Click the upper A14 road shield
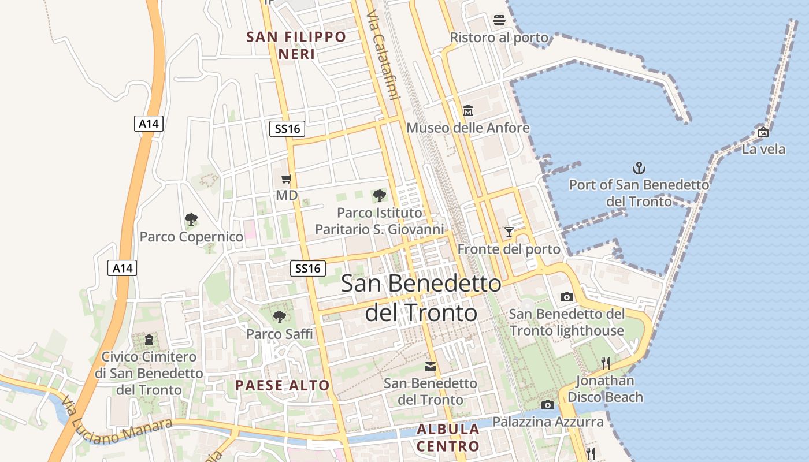point(149,123)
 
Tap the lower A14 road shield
point(123,267)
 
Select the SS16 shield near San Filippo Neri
point(287,128)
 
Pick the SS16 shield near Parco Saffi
point(307,268)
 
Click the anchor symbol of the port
point(639,169)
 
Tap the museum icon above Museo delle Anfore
point(468,110)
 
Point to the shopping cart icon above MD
point(286,179)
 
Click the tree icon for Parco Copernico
point(191,219)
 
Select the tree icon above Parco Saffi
point(279,316)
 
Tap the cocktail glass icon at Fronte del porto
point(509,232)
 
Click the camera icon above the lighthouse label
point(567,297)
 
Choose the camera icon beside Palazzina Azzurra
point(547,405)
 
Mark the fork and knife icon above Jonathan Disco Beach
point(605,363)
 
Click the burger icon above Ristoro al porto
point(499,21)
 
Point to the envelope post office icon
point(431,366)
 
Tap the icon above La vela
point(763,132)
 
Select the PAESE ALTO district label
point(282,385)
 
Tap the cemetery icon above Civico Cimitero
point(149,339)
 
